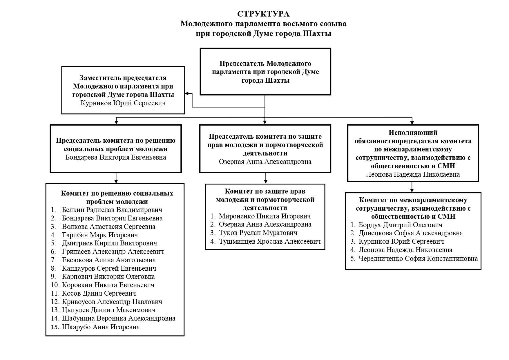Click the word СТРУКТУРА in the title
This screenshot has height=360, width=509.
pos(263,14)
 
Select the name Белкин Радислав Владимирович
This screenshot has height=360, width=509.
pos(112,210)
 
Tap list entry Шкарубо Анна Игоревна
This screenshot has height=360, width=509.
pos(101,327)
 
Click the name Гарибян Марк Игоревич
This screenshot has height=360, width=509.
pos(100,235)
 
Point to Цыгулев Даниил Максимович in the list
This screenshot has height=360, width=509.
pos(108,310)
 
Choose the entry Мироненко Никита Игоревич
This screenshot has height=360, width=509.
pos(265,216)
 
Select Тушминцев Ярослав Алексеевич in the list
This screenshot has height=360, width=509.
pos(270,241)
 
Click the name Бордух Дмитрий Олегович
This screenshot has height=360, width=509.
pos(401,225)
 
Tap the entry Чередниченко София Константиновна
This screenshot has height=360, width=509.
pos(418,258)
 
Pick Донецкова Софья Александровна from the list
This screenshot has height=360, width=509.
pos(411,233)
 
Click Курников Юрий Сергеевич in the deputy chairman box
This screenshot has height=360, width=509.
pos(123,103)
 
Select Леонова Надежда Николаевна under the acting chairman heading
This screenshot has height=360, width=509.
pos(413,174)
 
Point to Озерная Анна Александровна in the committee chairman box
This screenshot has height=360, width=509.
pos(265,162)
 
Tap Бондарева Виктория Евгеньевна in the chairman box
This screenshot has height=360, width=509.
pos(116,157)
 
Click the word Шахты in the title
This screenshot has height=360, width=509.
pos(317,34)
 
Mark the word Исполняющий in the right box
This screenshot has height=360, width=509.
pos(413,133)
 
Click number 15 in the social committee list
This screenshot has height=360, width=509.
pos(55,327)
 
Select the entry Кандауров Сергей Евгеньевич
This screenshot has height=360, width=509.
pos(109,268)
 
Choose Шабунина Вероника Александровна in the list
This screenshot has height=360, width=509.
pos(119,318)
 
